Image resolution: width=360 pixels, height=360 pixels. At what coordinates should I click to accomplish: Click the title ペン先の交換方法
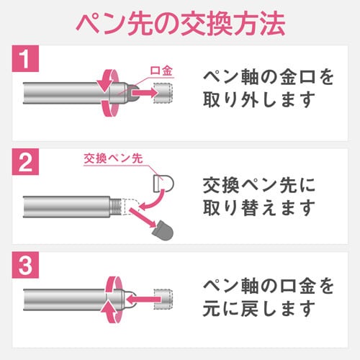coord(181,24)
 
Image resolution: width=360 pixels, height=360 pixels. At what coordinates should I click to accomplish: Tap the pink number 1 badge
coord(25,58)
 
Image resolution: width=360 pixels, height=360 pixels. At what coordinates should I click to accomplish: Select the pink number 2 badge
coord(25,162)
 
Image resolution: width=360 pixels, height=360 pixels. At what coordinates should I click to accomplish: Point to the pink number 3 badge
coord(25,265)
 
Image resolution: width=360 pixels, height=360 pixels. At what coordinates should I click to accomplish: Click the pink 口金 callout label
coord(161,71)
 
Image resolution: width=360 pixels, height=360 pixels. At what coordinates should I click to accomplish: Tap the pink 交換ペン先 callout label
coord(113,158)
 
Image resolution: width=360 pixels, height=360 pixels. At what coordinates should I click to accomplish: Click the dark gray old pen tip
coord(163,230)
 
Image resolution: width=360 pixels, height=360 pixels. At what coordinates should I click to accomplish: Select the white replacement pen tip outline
coord(163,184)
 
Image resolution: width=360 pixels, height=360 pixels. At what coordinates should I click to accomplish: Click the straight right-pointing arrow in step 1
coord(145,93)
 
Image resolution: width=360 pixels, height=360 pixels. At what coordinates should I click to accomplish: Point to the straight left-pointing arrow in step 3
coord(143,300)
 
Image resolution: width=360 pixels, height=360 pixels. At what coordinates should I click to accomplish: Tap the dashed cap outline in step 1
coord(163,93)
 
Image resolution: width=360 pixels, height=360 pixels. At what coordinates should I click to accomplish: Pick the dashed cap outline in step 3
coord(163,300)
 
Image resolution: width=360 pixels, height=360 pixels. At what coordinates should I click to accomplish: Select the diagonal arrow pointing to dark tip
coord(143,218)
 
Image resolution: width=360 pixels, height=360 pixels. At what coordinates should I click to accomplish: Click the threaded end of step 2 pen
coord(115,207)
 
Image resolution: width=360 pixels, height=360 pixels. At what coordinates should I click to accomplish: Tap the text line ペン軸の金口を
coord(269,77)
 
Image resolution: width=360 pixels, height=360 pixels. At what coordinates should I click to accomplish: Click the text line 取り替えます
coord(259,208)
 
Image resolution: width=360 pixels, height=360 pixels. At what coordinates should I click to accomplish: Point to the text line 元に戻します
coord(259,309)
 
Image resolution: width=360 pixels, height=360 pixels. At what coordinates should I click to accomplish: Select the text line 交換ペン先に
coord(259,185)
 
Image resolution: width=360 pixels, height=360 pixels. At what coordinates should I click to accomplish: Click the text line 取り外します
coord(259,99)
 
